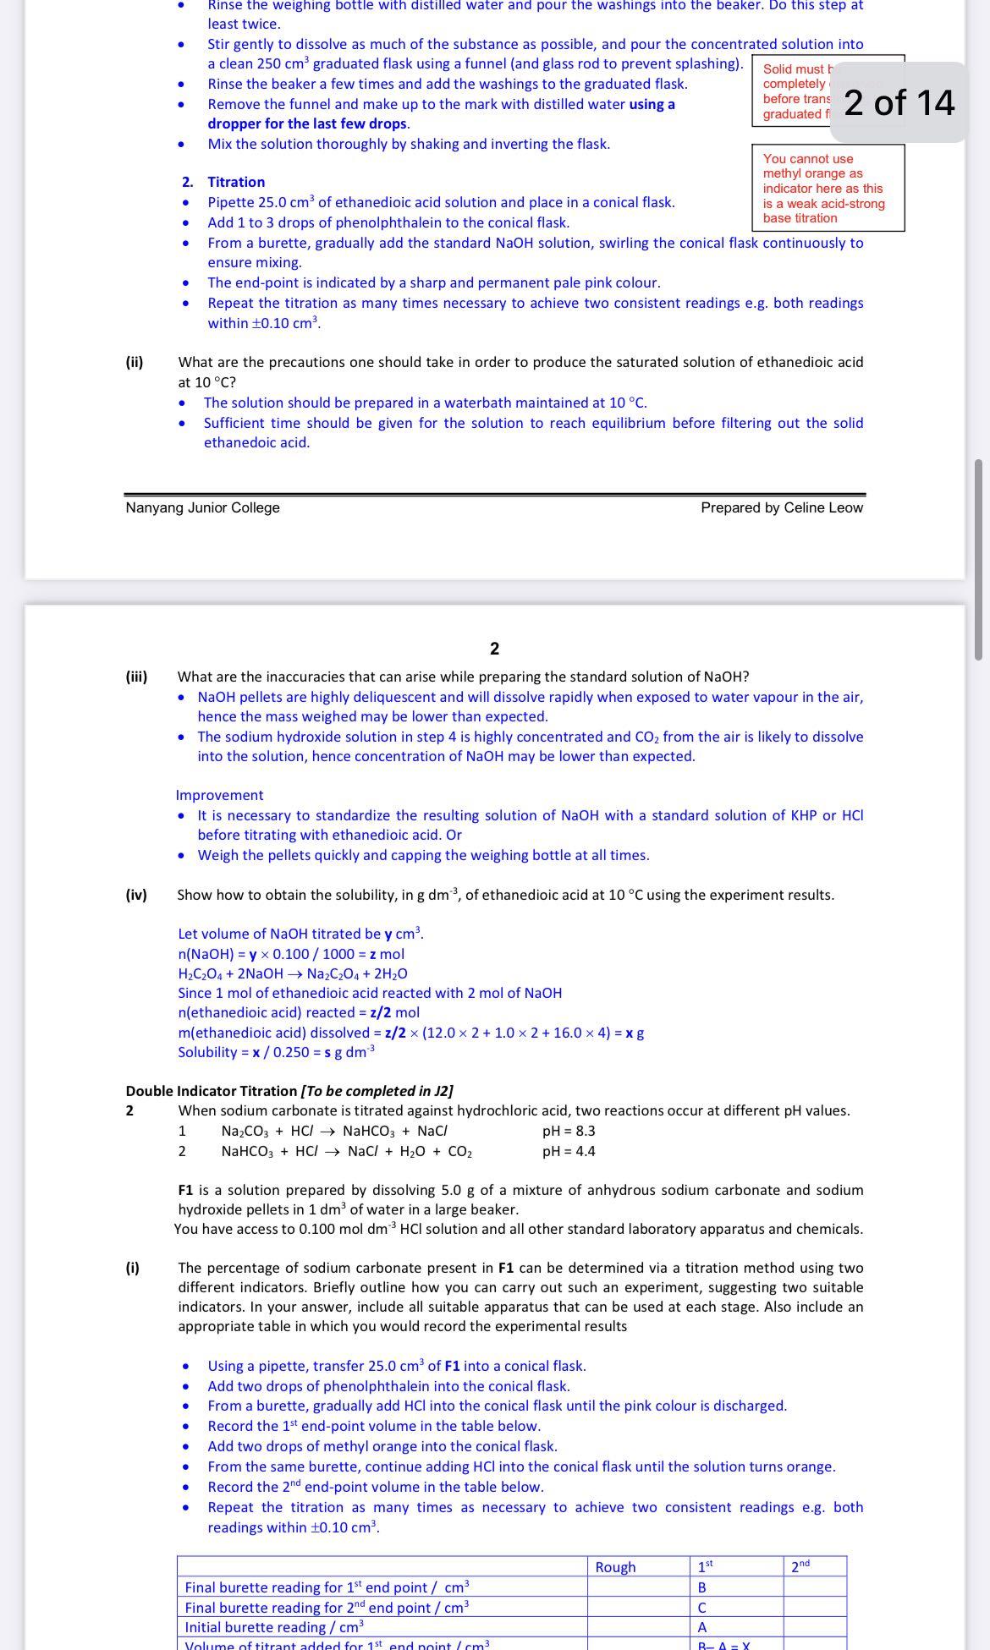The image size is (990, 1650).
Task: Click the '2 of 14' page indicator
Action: [899, 102]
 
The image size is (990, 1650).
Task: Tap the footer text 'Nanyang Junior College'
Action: [202, 507]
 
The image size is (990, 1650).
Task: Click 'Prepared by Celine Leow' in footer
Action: [781, 507]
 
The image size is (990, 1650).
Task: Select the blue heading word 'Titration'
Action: [236, 182]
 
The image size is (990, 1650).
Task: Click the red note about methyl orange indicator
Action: [827, 188]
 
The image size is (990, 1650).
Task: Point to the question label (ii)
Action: [135, 362]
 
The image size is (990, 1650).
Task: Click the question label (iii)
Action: [136, 677]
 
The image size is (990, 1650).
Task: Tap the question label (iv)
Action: [136, 895]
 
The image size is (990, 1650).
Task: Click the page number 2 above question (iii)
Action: [494, 649]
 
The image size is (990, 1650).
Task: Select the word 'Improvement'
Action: [219, 795]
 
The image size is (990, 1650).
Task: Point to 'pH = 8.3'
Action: [568, 1131]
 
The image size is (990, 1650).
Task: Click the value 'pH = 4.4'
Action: [568, 1151]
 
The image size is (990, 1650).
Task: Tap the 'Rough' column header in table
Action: [615, 1567]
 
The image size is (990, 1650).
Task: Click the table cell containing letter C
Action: [701, 1607]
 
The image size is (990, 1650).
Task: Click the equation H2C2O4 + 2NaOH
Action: [292, 973]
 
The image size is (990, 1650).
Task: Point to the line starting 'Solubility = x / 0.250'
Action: [276, 1052]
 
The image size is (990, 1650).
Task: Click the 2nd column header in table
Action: [800, 1566]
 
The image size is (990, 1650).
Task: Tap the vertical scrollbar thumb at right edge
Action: [978, 558]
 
